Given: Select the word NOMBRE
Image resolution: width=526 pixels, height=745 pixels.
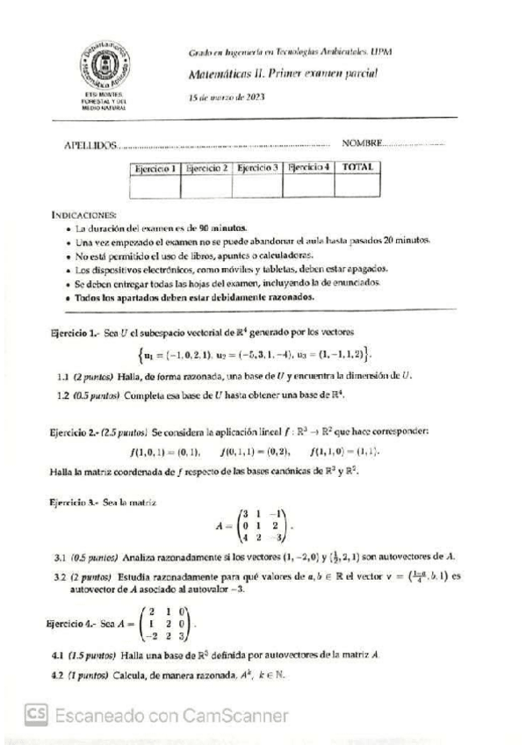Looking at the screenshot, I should point(362,143).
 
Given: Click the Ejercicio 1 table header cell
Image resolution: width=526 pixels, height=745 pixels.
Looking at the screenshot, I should point(155,167).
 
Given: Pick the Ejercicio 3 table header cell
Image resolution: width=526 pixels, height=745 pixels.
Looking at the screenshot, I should point(257,167).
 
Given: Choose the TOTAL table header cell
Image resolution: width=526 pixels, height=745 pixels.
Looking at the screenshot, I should point(357,166).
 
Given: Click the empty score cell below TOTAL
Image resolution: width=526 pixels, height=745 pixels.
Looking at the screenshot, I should point(357,185).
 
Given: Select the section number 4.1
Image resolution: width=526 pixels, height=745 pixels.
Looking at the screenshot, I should point(64,656).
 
